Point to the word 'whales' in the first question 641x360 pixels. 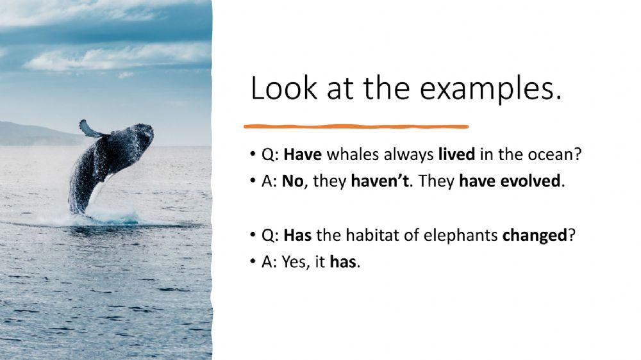point(348,155)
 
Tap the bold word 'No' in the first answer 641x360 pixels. point(292,181)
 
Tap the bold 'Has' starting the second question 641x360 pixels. point(297,235)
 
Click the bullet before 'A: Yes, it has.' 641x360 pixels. point(254,263)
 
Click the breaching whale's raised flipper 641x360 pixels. point(90,129)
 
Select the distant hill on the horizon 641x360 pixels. point(32,135)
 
